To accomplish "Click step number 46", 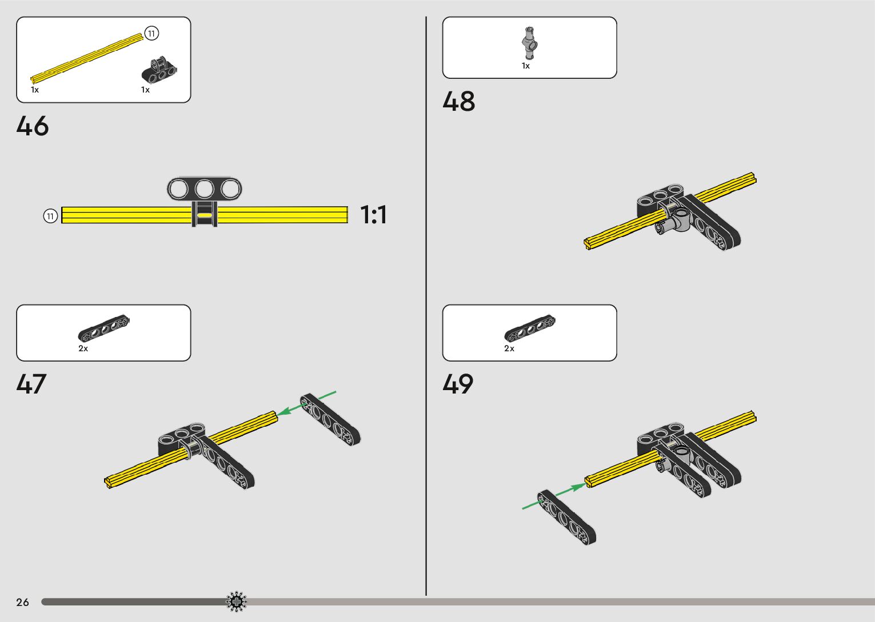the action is pyautogui.click(x=33, y=126).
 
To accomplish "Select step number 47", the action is pyautogui.click(x=31, y=384).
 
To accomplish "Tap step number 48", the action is pyautogui.click(x=458, y=101).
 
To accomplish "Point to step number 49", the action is pyautogui.click(x=458, y=384).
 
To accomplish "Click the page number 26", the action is pyautogui.click(x=22, y=602).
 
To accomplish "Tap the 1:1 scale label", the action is pyautogui.click(x=373, y=215).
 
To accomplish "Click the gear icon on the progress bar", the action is pyautogui.click(x=236, y=601).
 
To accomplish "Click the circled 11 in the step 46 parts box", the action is pyautogui.click(x=151, y=34).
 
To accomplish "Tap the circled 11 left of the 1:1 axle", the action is pyautogui.click(x=50, y=216).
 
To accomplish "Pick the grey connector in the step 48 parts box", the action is pyautogui.click(x=530, y=43).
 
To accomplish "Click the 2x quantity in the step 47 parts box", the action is pyautogui.click(x=83, y=348).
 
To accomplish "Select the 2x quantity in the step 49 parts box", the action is pyautogui.click(x=509, y=348).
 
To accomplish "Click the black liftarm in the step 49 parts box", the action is pyautogui.click(x=529, y=328).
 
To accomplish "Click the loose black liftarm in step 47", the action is pyautogui.click(x=331, y=420).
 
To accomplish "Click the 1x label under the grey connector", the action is pyautogui.click(x=526, y=66).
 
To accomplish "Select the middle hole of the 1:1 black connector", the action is pyautogui.click(x=205, y=188).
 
